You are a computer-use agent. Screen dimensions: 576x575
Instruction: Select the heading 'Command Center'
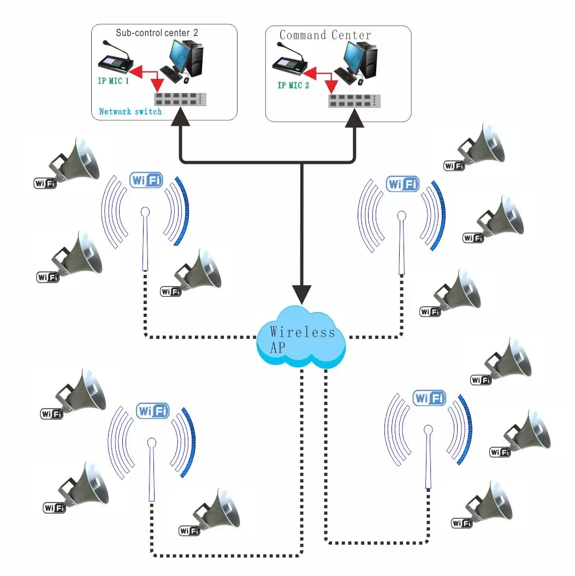pyautogui.click(x=325, y=36)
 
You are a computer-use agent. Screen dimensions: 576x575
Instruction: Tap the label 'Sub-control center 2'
pyautogui.click(x=157, y=32)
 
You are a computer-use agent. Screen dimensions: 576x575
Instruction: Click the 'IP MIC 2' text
pyautogui.click(x=293, y=85)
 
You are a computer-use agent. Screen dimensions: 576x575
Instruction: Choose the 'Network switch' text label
pyautogui.click(x=131, y=111)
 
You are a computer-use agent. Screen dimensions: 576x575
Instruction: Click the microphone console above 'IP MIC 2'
pyautogui.click(x=291, y=63)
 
